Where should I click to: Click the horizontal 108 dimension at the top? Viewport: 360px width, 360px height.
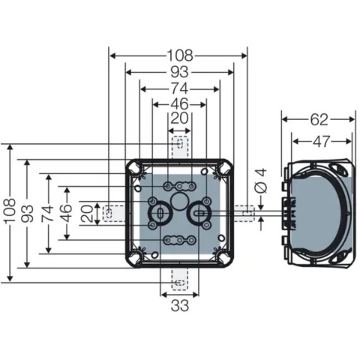click(x=178, y=55)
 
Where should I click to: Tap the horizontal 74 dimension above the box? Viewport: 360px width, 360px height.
click(x=178, y=88)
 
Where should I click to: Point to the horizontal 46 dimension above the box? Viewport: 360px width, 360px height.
click(x=178, y=103)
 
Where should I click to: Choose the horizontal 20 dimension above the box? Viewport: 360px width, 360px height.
click(x=178, y=118)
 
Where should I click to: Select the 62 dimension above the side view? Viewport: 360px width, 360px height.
click(x=318, y=118)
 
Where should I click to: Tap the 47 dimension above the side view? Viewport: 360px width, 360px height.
click(x=321, y=140)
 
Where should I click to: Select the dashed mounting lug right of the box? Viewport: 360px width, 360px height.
click(x=247, y=213)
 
